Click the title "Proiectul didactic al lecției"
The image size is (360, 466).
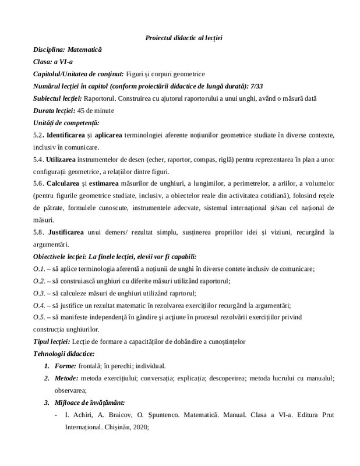click(x=183, y=38)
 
